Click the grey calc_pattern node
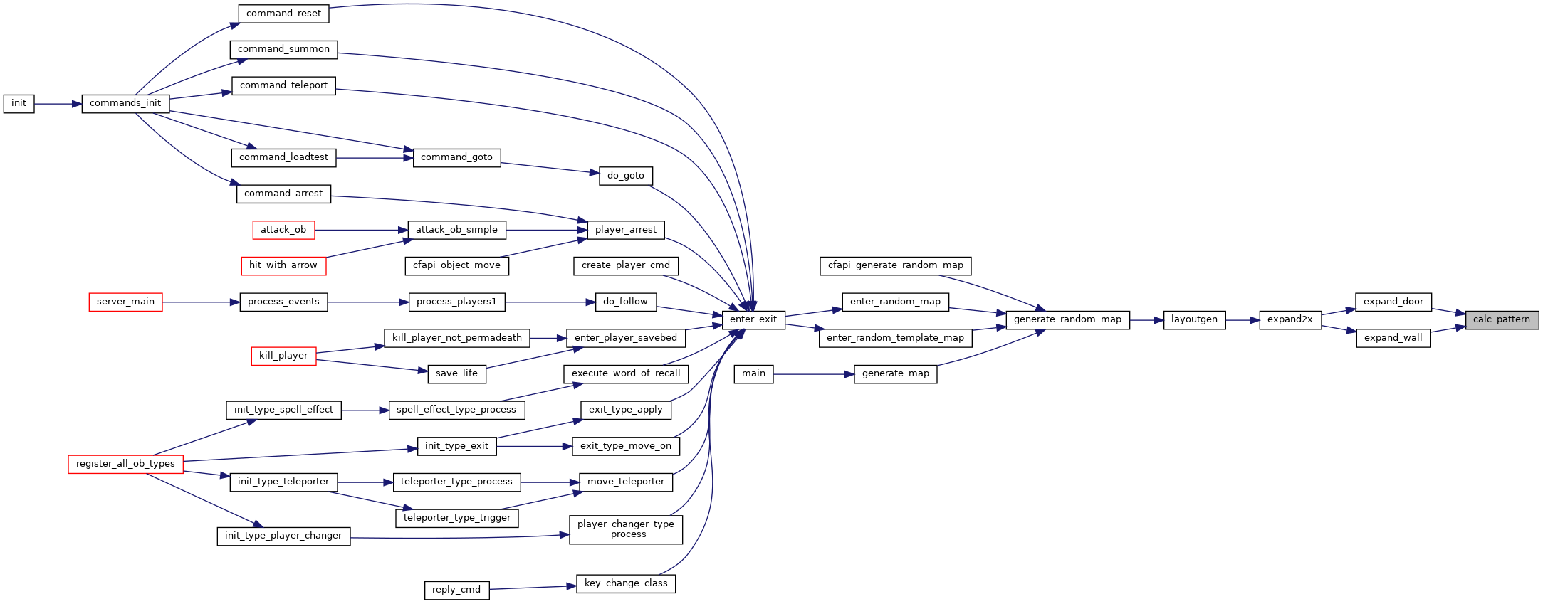tap(1502, 319)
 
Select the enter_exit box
tap(753, 319)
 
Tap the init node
tap(19, 103)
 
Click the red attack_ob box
tap(283, 230)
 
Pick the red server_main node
tap(125, 302)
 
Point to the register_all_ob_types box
tap(125, 464)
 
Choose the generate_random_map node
tap(1067, 319)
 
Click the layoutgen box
tap(1194, 319)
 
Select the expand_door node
tap(1393, 302)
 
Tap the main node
tap(753, 373)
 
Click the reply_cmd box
tap(456, 590)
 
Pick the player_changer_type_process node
tap(626, 529)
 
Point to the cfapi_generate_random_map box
tap(895, 265)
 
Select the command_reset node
tap(283, 14)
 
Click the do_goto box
tap(625, 176)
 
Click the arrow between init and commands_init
tap(58, 104)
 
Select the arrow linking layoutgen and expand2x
tap(1243, 320)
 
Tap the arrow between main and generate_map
tap(814, 374)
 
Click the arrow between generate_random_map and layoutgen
tap(1146, 320)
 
